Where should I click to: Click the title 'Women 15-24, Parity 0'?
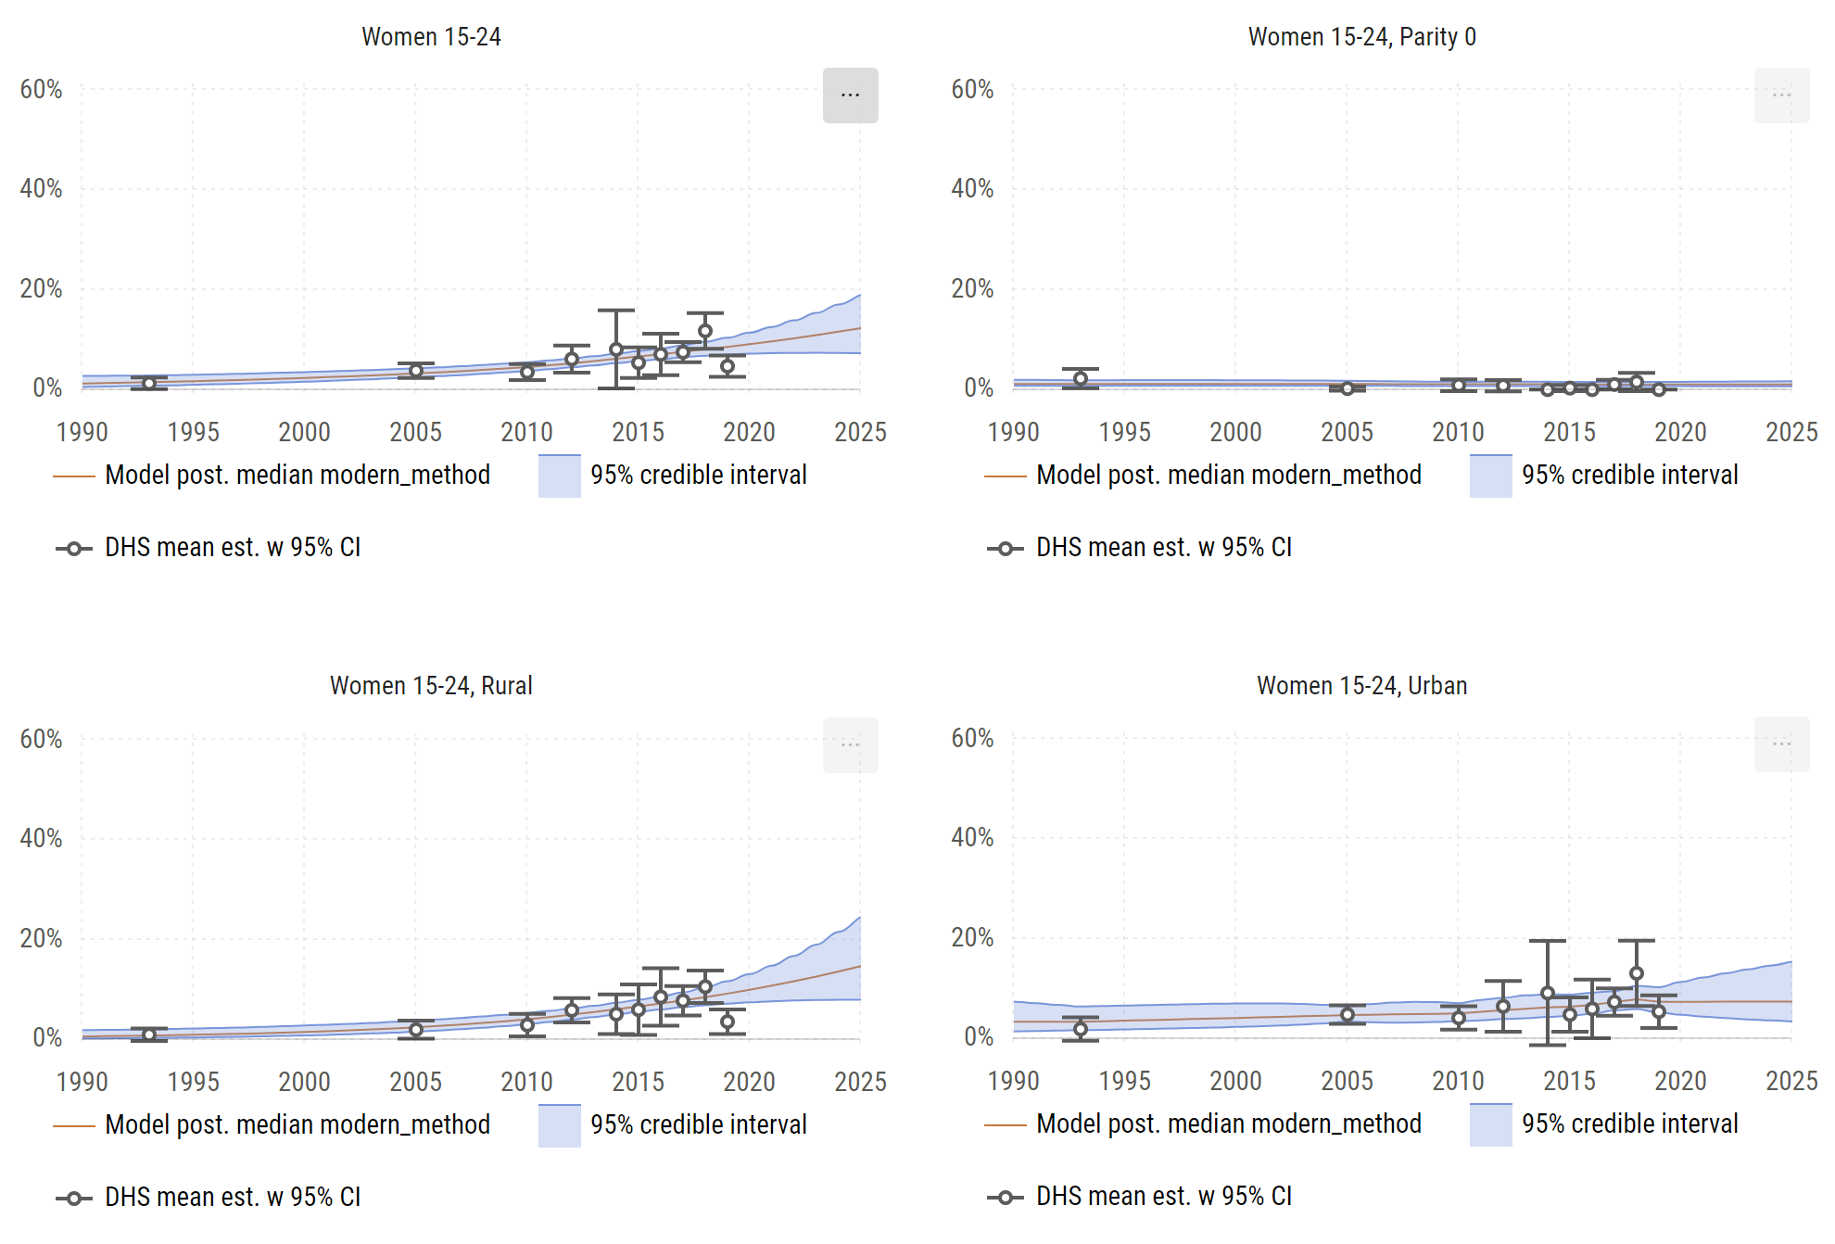(1361, 37)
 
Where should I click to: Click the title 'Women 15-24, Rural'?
(431, 686)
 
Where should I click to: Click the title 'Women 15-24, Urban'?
(1361, 686)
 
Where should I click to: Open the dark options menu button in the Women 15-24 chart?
(850, 95)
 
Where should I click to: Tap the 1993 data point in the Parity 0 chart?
(1081, 378)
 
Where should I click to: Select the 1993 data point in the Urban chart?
(1081, 1029)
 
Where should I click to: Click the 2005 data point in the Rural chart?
(416, 1030)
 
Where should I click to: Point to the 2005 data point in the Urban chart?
(1348, 1015)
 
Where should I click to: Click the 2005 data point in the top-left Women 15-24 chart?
(416, 371)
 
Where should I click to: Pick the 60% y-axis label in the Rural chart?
(41, 739)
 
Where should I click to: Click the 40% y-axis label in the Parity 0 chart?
(972, 189)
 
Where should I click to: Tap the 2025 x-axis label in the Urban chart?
(1791, 1081)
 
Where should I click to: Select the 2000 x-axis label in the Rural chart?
(304, 1082)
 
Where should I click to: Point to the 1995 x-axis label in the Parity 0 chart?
(1124, 432)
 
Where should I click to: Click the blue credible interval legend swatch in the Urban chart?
(1490, 1124)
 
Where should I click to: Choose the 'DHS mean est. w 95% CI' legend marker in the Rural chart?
(74, 1198)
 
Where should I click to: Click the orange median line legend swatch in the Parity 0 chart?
(1005, 476)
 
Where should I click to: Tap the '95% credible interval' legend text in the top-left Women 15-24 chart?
(699, 475)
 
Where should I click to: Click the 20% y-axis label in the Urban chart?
(972, 937)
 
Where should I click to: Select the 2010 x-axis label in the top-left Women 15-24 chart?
(526, 432)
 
